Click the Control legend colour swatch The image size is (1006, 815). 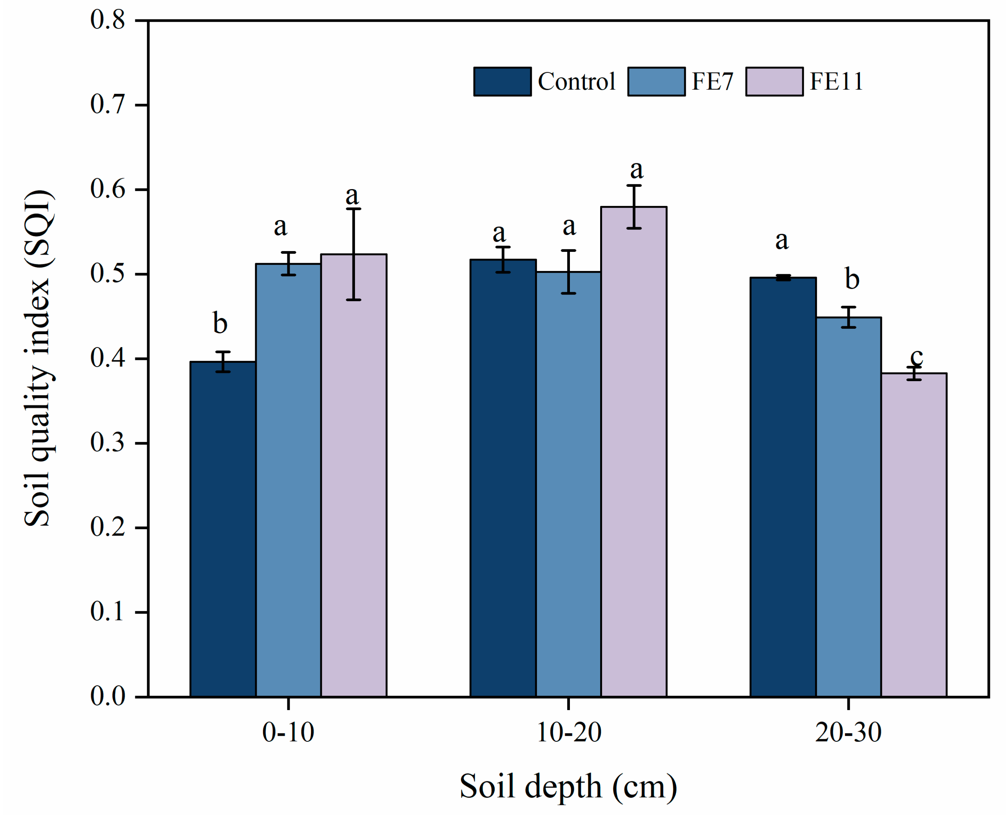pos(502,82)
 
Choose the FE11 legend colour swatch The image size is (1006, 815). pos(774,82)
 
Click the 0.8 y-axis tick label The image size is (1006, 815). pos(108,20)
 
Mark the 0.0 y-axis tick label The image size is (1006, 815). pos(108,696)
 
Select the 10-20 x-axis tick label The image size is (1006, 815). pos(568,732)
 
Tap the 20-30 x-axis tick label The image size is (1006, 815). pos(848,732)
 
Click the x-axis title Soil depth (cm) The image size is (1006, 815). pos(568,786)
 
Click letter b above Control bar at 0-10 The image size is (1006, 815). pos(220,323)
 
